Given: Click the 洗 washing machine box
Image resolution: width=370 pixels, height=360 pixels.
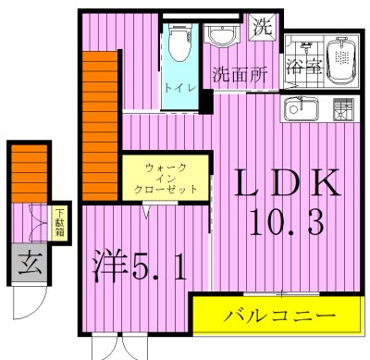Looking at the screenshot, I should (264, 27).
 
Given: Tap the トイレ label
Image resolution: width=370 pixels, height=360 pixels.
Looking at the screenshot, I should (177, 88).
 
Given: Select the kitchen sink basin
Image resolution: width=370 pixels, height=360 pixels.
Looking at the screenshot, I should (301, 109).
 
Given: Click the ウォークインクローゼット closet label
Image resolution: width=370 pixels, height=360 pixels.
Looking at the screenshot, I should (166, 177).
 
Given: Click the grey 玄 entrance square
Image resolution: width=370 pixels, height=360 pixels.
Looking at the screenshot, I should (28, 260).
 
